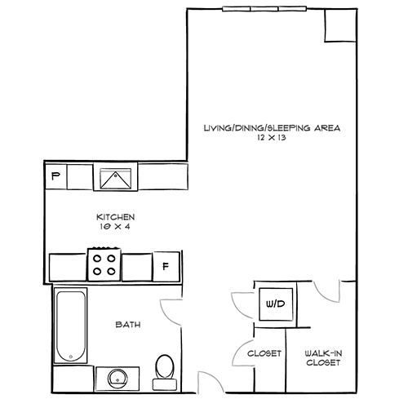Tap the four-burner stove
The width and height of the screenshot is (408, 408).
tap(104, 265)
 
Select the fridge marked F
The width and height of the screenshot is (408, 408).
tap(166, 265)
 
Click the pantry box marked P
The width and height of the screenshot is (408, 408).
tap(55, 175)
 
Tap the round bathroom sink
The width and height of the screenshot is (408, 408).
tap(114, 378)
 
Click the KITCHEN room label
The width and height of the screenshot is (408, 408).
tap(115, 217)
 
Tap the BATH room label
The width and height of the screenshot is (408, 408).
tap(126, 325)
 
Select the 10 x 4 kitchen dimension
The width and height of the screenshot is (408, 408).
tap(115, 228)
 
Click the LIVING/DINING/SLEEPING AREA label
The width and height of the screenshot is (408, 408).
tap(271, 128)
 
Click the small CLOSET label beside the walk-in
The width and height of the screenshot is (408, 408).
tap(264, 353)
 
